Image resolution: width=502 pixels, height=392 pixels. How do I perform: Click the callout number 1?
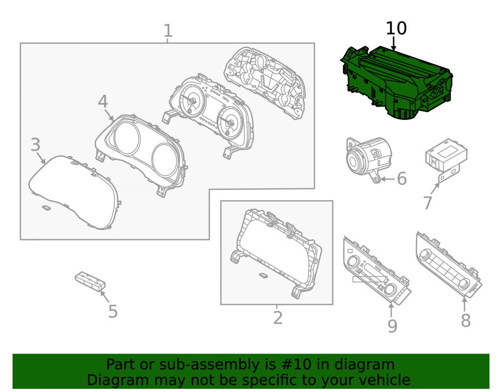[x=168, y=31]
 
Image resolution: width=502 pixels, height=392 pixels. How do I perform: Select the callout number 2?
[x=278, y=318]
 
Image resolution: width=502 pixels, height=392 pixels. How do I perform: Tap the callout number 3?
[x=36, y=145]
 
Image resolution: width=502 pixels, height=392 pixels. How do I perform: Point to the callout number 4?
[x=103, y=101]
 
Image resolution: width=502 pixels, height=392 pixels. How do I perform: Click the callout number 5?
[x=113, y=312]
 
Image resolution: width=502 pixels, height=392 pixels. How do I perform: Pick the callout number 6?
[x=402, y=179]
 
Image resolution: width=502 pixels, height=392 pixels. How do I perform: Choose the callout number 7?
[x=428, y=203]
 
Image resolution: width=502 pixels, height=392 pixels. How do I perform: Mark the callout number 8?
[x=466, y=320]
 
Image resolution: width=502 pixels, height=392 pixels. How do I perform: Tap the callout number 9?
[x=393, y=326]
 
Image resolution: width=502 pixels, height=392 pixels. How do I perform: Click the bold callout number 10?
[x=397, y=29]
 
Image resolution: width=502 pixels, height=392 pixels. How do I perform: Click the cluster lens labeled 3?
[x=75, y=192]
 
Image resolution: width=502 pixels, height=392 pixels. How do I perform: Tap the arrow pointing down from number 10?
[x=394, y=44]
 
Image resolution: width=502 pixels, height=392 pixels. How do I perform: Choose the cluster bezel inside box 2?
[x=277, y=253]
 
